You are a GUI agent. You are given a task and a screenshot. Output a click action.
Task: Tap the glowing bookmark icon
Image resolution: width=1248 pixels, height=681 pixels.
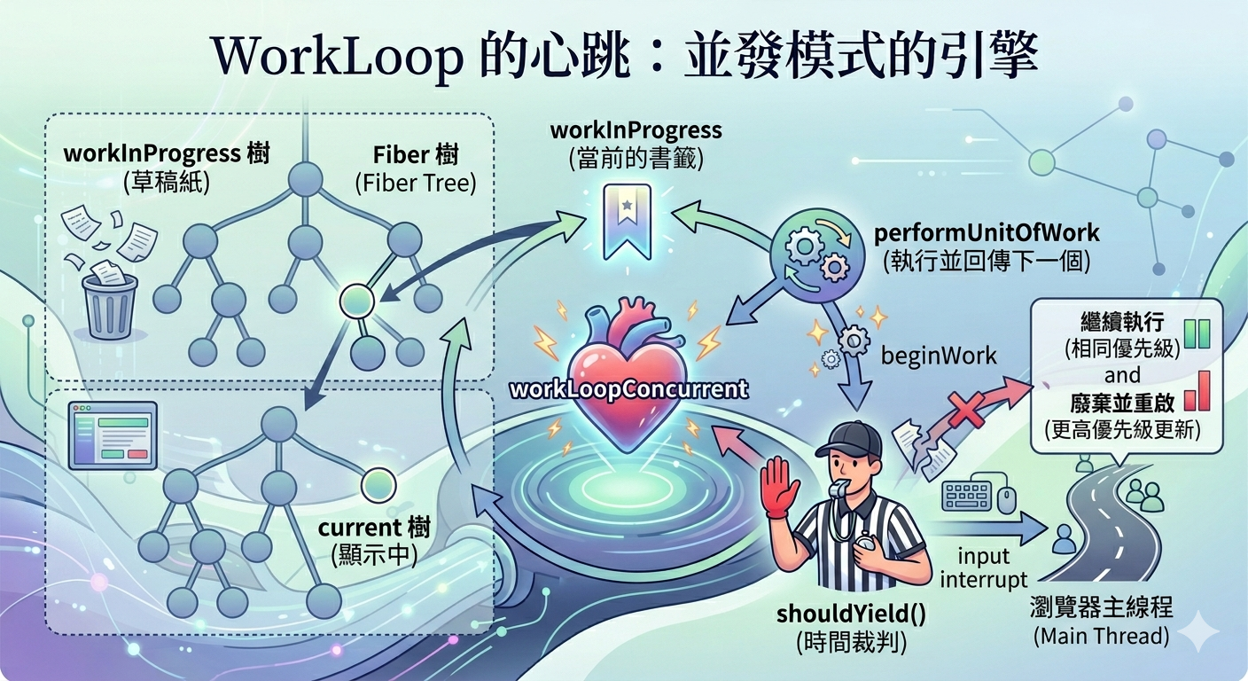628,222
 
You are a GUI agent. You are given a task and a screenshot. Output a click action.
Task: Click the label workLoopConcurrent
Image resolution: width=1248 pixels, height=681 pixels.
629,389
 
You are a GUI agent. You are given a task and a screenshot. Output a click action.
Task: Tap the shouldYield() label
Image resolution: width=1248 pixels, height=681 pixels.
851,614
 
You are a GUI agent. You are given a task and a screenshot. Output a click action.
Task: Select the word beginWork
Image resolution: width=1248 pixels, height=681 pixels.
939,356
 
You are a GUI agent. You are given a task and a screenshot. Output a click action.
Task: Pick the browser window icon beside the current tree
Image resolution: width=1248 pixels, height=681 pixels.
113,434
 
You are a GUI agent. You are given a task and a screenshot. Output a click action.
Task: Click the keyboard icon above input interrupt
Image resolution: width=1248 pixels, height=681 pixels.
967,496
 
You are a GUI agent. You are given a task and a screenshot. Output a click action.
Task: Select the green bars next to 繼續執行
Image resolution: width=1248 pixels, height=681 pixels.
1197,333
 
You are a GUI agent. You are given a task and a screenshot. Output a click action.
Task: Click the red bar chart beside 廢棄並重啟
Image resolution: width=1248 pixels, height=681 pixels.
1197,391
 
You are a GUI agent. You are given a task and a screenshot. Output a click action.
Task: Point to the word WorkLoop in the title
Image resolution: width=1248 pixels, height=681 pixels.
337,57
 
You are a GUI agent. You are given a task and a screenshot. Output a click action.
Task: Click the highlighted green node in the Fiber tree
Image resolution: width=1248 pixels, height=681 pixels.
357,301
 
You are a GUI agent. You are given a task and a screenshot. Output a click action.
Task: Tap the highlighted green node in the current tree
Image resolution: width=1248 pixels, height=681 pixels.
378,485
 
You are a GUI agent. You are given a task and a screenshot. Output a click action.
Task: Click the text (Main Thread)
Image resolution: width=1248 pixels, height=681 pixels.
1102,636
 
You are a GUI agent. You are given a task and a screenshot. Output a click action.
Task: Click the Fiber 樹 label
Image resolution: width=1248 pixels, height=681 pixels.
416,155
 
